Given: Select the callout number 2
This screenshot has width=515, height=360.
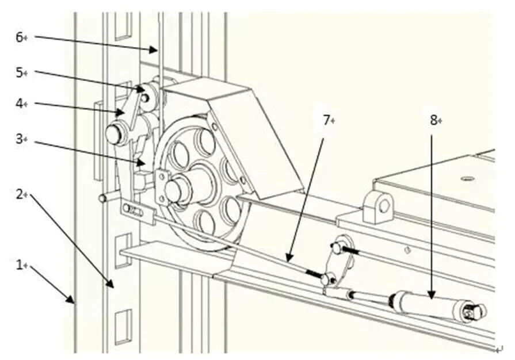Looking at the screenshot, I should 18,195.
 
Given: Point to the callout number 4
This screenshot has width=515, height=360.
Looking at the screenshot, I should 18,104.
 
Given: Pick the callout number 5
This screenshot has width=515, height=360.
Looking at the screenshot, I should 18,72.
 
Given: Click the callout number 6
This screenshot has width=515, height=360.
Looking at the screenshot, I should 18,37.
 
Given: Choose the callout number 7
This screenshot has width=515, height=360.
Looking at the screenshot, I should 326,120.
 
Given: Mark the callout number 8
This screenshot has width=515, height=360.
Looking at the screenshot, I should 433,120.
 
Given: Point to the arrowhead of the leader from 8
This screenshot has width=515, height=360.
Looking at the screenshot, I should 431,297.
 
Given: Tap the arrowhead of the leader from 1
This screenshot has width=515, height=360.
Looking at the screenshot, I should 74,302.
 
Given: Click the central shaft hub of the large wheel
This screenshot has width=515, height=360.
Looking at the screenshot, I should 174,190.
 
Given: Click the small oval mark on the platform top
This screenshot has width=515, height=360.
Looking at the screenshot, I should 468,179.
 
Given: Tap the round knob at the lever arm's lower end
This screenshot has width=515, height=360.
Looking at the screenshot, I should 114,135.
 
